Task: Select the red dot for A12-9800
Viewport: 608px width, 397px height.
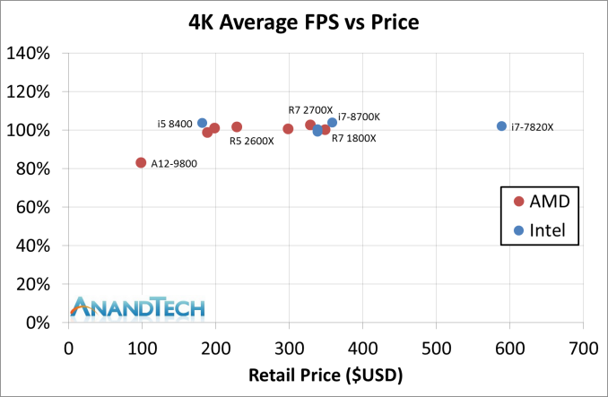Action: coord(141,162)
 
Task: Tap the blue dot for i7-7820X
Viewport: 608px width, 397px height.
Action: coord(501,126)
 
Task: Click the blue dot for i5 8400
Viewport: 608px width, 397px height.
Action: coord(202,123)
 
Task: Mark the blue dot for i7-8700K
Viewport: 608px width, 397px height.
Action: coord(332,123)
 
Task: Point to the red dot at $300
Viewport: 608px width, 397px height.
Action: coord(288,129)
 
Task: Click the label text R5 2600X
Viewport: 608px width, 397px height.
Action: coord(251,141)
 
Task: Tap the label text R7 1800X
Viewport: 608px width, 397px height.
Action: coord(353,139)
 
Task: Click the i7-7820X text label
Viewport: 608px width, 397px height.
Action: coord(532,127)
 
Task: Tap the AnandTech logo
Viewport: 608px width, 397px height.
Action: coord(139,308)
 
